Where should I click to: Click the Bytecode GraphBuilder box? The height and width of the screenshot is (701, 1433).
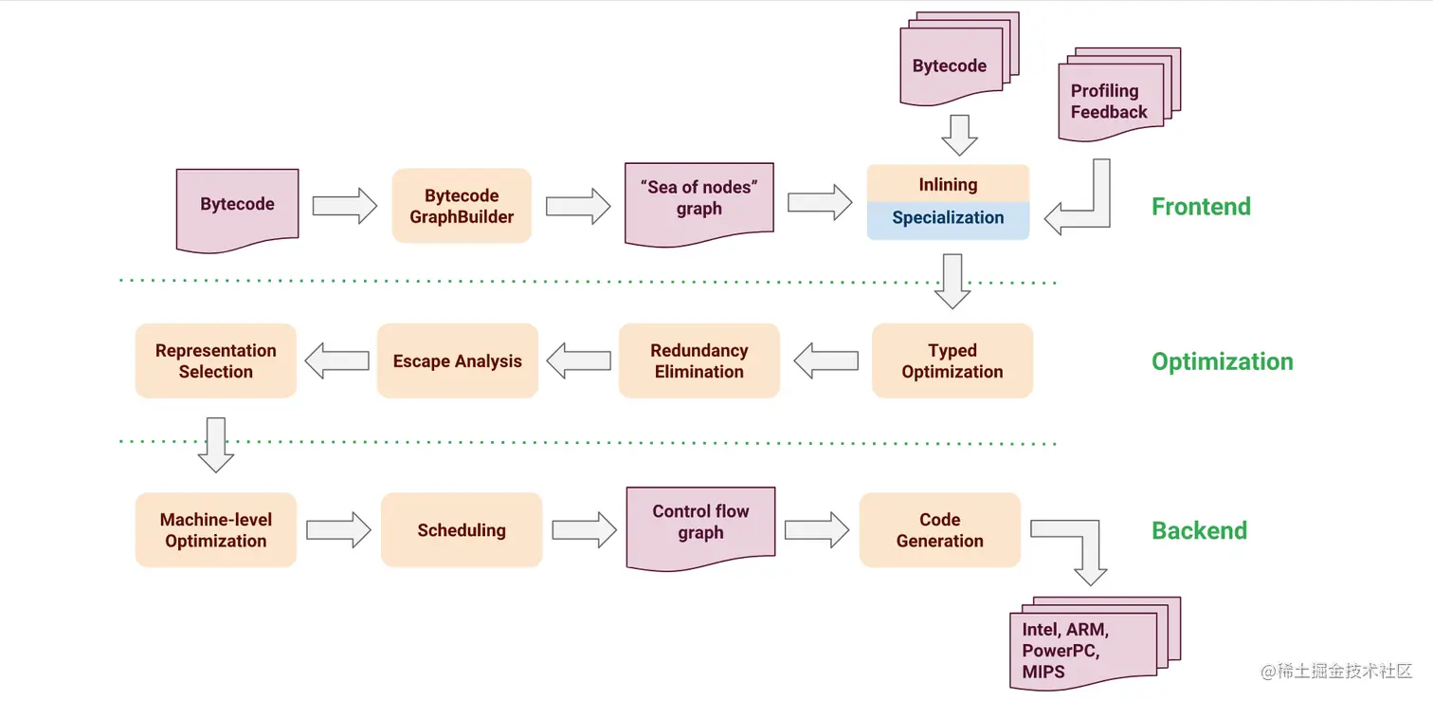coord(462,206)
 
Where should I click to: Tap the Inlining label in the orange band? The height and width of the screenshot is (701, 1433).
coord(948,184)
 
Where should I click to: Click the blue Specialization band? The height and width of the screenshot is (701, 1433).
coord(948,218)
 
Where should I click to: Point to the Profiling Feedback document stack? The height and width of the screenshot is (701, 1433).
coord(1110,101)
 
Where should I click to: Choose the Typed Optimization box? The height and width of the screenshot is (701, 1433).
coord(952,360)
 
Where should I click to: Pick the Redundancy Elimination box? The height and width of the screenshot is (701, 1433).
coord(698,360)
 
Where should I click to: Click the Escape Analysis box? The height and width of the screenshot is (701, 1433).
coord(457,360)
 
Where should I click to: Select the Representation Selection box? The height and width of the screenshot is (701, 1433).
coord(216,360)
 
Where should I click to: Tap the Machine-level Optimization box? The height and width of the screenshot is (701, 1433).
coord(216,530)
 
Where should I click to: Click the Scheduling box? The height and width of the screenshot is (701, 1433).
coord(462,530)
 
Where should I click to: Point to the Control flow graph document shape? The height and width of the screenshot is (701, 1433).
coord(700,525)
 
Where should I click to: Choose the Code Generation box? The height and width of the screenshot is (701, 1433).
coord(939,530)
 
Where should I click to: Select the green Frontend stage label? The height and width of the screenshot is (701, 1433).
coord(1201,207)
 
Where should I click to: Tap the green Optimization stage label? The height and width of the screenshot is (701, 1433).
coord(1222,361)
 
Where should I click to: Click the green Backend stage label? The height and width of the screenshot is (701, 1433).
coord(1199,530)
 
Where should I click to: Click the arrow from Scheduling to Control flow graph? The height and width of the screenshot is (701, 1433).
coord(584,530)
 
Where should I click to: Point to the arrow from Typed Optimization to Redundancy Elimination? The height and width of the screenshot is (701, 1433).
coord(825,360)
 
